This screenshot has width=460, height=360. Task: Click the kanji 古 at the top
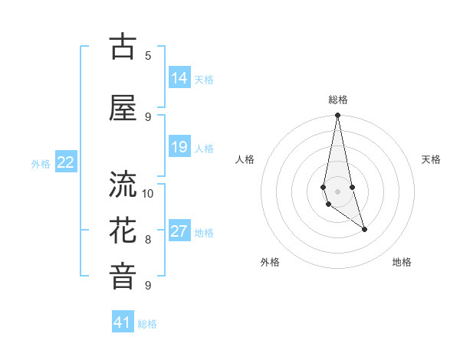click(123, 47)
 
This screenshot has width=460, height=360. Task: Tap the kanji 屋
click(123, 109)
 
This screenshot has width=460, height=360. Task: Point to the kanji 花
click(123, 231)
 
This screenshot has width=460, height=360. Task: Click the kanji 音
click(123, 277)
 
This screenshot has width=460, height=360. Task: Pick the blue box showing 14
click(179, 78)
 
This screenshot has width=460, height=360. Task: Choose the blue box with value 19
click(179, 147)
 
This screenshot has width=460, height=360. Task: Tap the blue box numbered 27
click(179, 231)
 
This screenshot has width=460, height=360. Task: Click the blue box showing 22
click(66, 162)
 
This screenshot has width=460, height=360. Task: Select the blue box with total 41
click(123, 322)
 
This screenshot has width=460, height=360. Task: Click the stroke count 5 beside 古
click(148, 55)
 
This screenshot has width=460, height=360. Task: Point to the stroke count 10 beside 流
click(148, 193)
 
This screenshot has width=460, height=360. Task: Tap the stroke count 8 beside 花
click(148, 239)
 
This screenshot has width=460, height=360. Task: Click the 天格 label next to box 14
click(204, 79)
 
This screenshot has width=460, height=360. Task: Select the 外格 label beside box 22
click(41, 163)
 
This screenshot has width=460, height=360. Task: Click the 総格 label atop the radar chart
click(338, 100)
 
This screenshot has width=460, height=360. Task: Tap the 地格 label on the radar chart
click(402, 262)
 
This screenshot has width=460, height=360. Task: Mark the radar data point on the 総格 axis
click(337, 115)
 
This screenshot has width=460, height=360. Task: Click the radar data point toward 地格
click(364, 229)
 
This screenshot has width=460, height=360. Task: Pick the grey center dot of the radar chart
click(337, 191)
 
